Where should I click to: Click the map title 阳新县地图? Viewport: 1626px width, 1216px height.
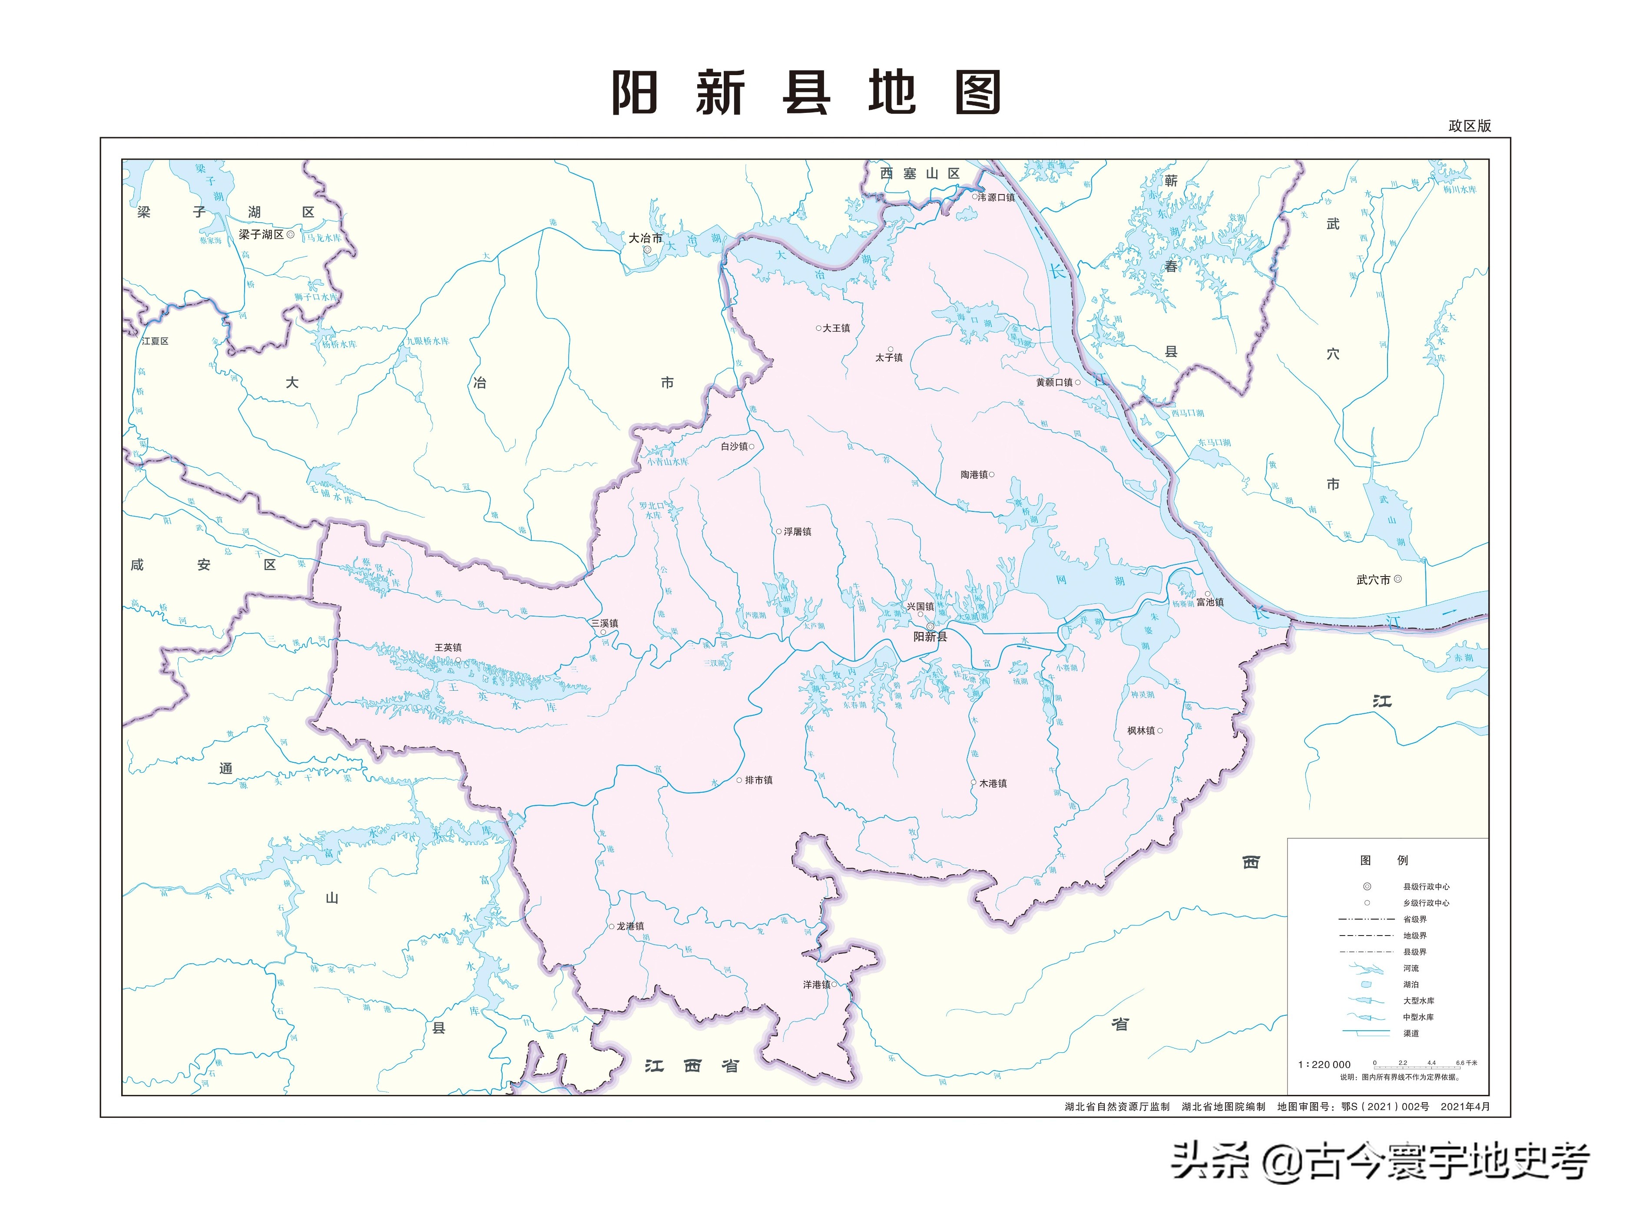pyautogui.click(x=806, y=92)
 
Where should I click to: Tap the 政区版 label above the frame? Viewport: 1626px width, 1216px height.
pyautogui.click(x=1470, y=125)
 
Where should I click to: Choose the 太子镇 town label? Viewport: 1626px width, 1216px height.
pyautogui.click(x=889, y=358)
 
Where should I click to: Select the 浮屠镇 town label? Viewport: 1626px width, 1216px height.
pyautogui.click(x=797, y=532)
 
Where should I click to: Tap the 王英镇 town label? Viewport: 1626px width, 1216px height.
pyautogui.click(x=448, y=647)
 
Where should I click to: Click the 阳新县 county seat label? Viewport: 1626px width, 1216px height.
pyautogui.click(x=930, y=637)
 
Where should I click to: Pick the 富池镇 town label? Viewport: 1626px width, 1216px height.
pyautogui.click(x=1210, y=603)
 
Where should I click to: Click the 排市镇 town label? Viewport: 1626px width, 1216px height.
pyautogui.click(x=758, y=780)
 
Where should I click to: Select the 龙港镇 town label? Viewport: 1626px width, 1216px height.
pyautogui.click(x=630, y=926)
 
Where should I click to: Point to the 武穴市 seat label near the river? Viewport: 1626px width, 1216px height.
pyautogui.click(x=1373, y=580)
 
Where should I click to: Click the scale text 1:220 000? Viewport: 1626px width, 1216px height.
pyautogui.click(x=1324, y=1064)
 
